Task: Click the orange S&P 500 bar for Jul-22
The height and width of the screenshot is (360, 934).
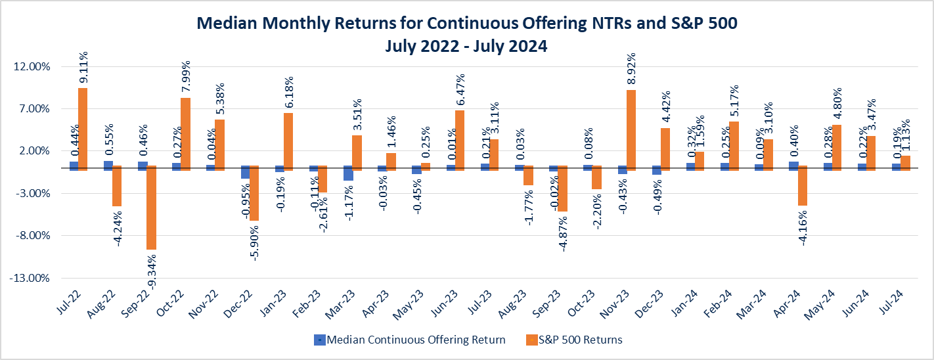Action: (83, 129)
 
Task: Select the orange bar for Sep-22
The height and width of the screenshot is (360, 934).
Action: (151, 208)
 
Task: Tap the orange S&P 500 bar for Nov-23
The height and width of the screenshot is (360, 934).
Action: (631, 130)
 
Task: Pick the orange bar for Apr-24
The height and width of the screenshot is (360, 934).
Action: (802, 186)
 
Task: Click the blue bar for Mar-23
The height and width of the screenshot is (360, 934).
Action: (348, 172)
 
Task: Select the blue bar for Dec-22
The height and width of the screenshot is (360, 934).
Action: (245, 172)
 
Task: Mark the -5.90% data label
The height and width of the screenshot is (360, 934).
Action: (254, 242)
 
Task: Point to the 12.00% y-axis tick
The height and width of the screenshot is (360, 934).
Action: (31, 67)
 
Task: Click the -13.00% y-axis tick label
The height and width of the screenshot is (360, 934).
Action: (30, 278)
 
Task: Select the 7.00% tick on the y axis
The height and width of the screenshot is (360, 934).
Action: (33, 109)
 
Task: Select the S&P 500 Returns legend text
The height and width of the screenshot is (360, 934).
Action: (581, 340)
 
